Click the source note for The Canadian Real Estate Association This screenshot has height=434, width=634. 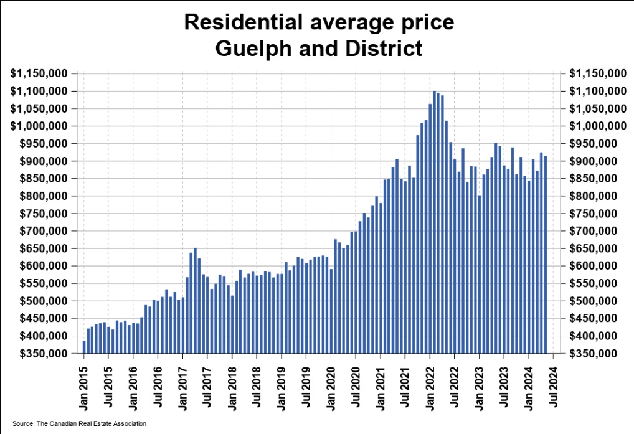click(x=79, y=423)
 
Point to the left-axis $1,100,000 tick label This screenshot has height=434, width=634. click(x=39, y=91)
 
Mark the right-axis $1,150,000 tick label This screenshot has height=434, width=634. click(x=594, y=73)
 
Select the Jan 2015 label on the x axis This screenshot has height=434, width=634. click(x=84, y=386)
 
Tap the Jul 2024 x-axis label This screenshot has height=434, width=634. click(x=554, y=386)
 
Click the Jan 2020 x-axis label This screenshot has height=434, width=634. click(x=331, y=386)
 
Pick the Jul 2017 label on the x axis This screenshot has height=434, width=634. click(x=207, y=386)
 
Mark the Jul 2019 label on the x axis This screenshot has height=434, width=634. click(x=306, y=386)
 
